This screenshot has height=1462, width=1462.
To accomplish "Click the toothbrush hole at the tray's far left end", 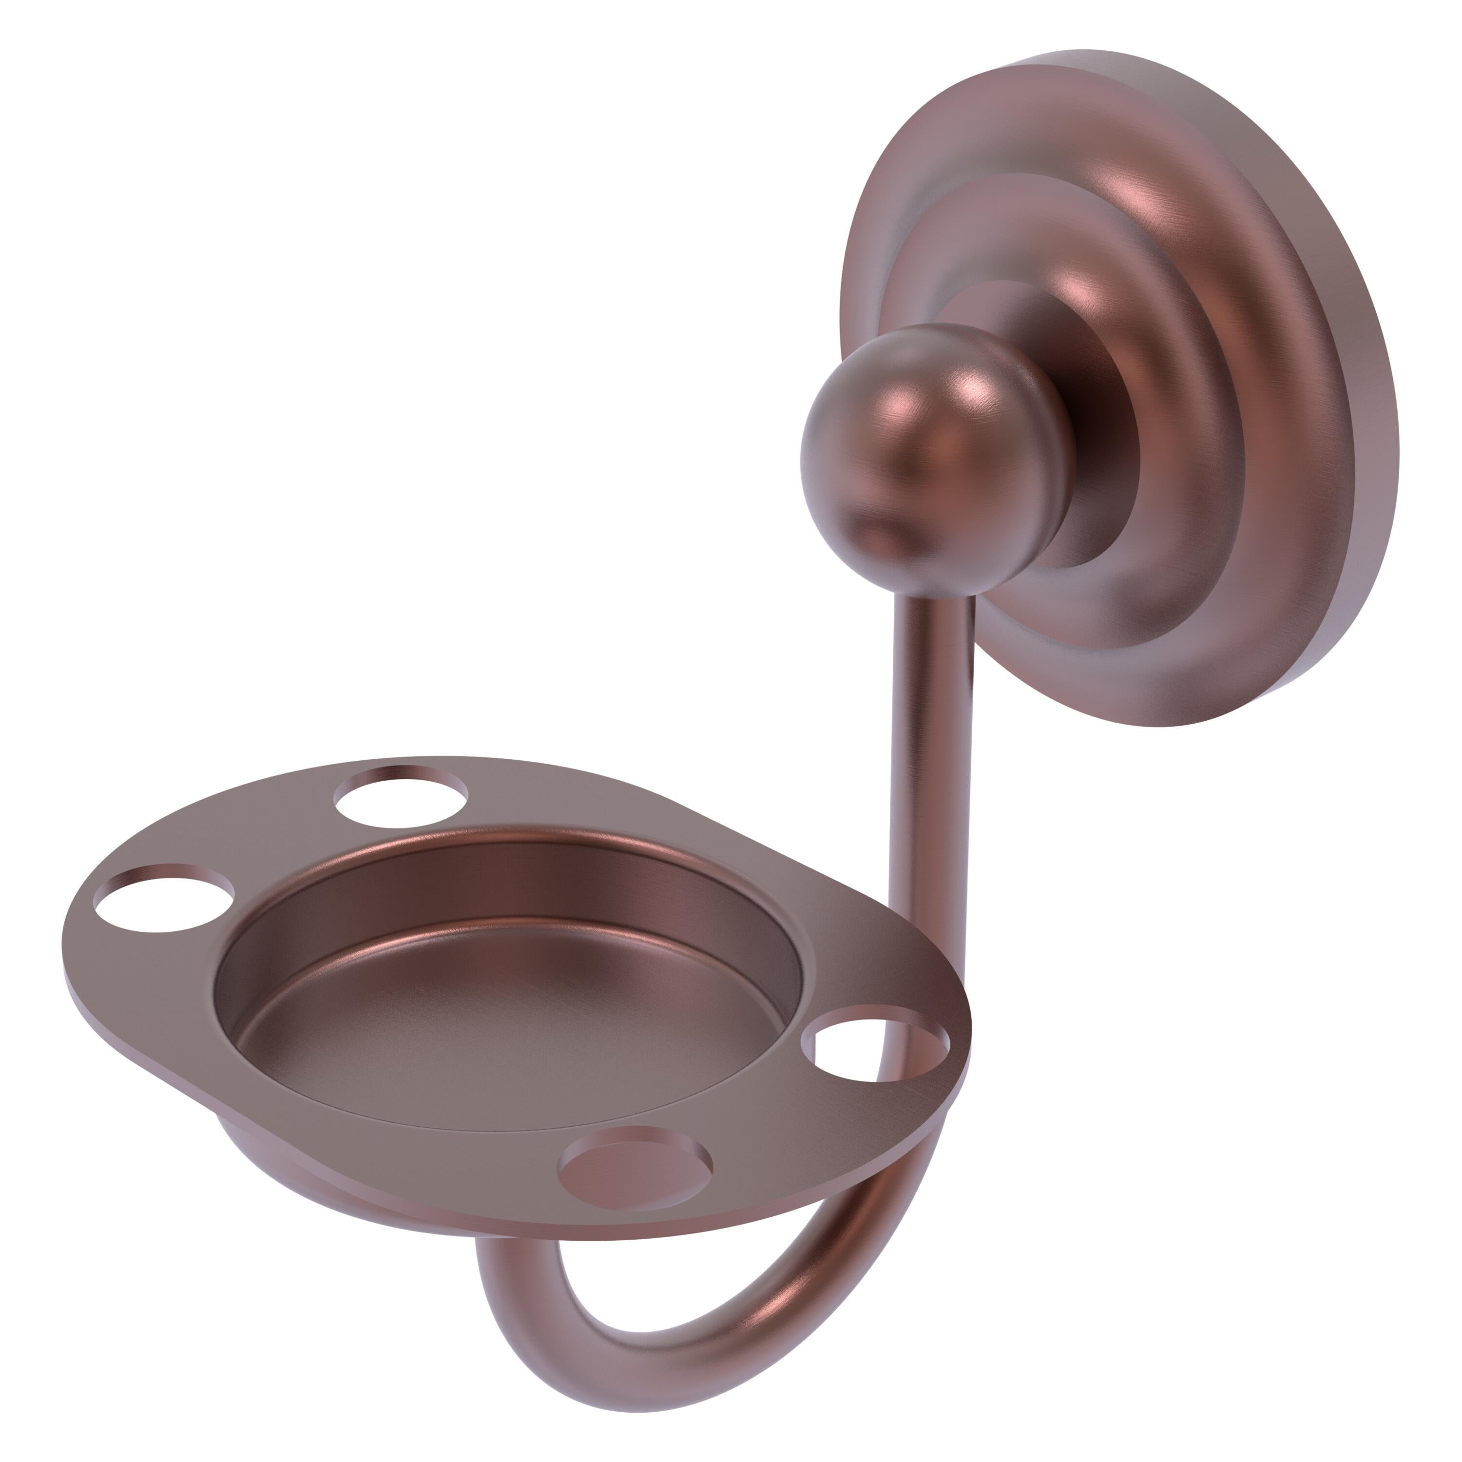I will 163,898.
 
